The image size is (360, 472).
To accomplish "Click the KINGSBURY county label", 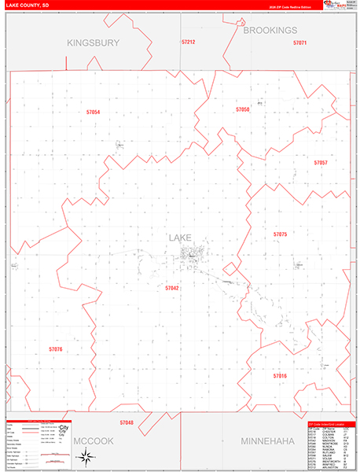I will [93, 42].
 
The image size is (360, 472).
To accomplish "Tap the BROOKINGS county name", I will [270, 30].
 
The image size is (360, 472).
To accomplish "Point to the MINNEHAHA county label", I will [266, 441].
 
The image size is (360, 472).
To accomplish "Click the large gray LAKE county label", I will [179, 237].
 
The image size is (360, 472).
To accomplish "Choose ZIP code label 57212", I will [188, 42].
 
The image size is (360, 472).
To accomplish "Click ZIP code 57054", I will [94, 112].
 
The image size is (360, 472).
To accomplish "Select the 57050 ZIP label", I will [242, 109].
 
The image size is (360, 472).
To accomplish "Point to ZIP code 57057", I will [320, 162].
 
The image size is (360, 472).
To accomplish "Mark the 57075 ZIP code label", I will [280, 234].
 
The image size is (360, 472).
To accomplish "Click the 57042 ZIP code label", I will [172, 288].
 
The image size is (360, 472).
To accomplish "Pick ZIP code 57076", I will [55, 348].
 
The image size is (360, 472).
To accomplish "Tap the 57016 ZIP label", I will [280, 376].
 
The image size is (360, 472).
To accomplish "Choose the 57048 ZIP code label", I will [127, 422].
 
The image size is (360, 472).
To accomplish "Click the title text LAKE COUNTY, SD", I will [28, 6].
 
